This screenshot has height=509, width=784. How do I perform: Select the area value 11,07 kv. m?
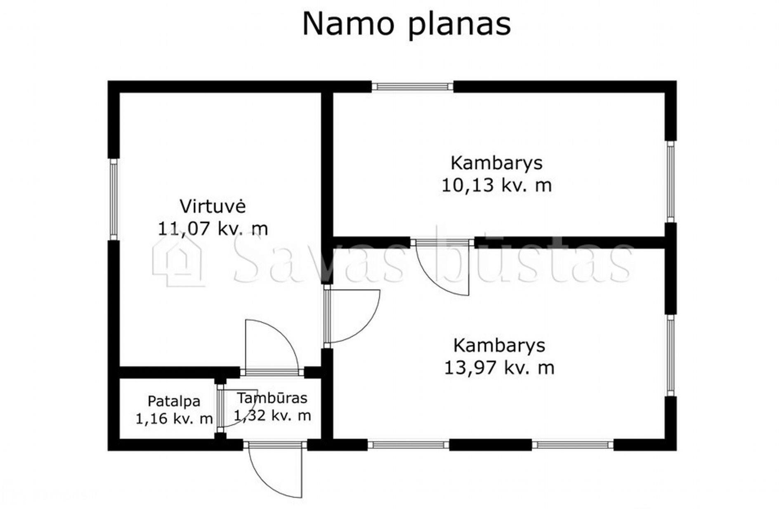[x=213, y=228]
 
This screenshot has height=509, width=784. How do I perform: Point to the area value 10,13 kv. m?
[x=496, y=185]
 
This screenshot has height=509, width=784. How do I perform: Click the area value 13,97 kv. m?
[x=499, y=367]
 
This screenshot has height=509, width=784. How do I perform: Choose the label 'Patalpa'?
[x=174, y=401]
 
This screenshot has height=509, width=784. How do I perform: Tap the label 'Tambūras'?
[x=272, y=398]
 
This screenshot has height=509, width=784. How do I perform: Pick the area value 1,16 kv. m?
[x=174, y=419]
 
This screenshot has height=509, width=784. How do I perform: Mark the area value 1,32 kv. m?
[x=272, y=415]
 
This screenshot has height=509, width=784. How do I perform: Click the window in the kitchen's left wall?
[x=113, y=199]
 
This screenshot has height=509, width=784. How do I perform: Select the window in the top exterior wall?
[x=412, y=87]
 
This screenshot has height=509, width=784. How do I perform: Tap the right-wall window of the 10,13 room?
[x=671, y=182]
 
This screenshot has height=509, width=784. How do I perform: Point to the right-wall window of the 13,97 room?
[x=671, y=355]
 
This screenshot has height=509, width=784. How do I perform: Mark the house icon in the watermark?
[x=178, y=262]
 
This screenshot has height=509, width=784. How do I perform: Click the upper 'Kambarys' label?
[x=496, y=163]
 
